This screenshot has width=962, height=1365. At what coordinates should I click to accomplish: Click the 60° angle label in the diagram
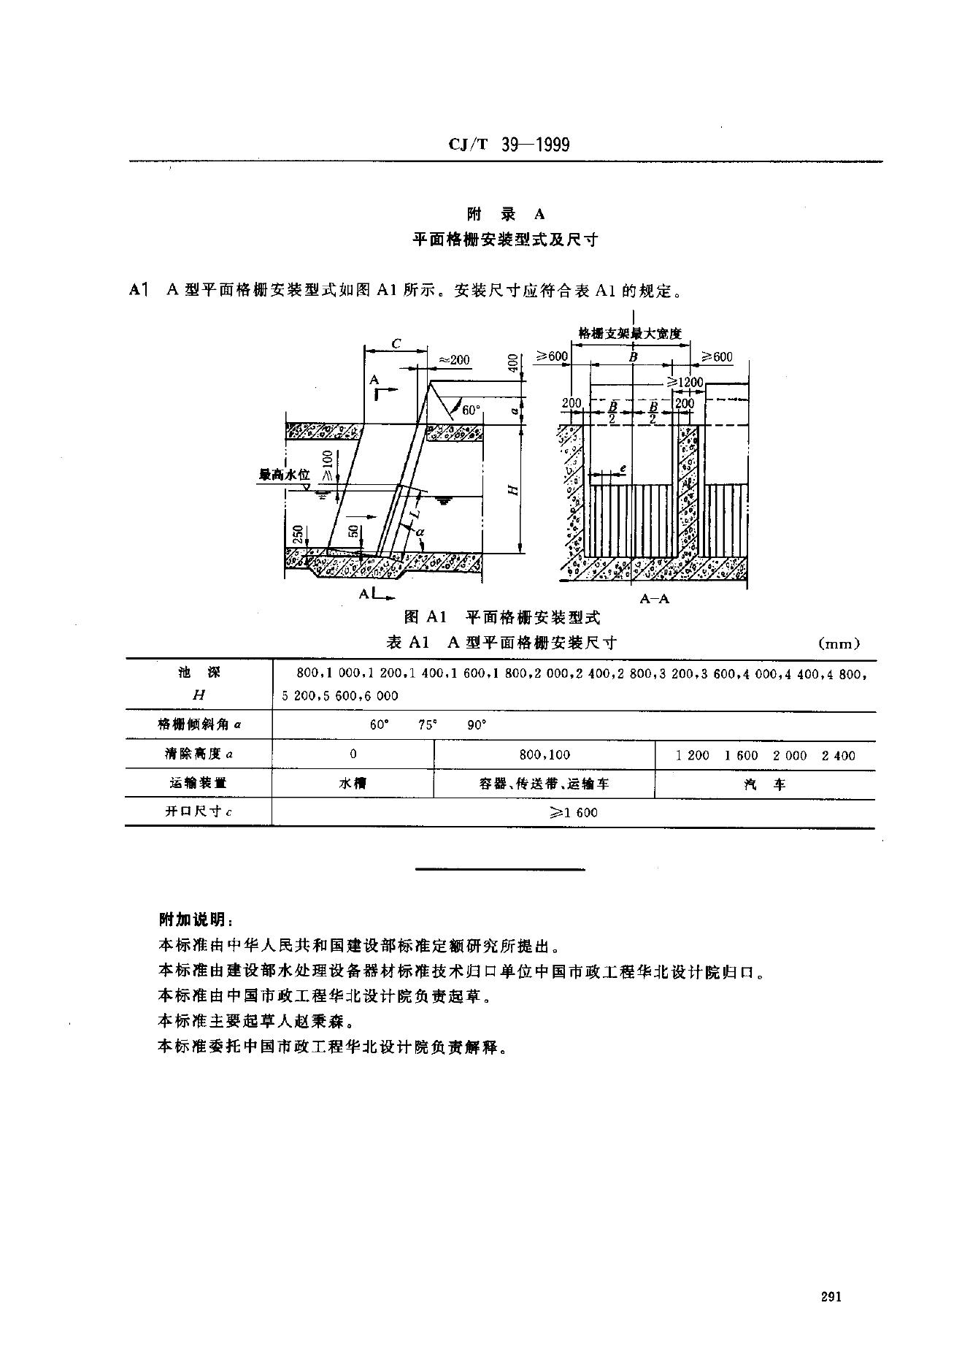click(x=471, y=410)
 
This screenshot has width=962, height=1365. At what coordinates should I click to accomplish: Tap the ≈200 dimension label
click(x=454, y=359)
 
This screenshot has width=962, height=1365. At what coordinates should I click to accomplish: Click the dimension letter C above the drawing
click(x=396, y=343)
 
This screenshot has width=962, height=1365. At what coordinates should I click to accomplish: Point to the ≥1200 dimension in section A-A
click(x=684, y=382)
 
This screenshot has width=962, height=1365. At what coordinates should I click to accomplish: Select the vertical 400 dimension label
click(x=512, y=364)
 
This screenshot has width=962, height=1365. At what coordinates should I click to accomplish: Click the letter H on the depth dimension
click(x=514, y=491)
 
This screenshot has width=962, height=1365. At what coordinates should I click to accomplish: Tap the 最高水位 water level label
click(x=285, y=475)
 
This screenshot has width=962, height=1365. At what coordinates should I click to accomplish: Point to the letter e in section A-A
click(x=622, y=465)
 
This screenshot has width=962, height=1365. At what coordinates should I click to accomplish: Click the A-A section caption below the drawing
click(x=654, y=599)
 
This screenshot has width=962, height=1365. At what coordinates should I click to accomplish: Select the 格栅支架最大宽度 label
click(x=629, y=333)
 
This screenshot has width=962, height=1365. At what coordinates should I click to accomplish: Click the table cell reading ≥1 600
click(x=574, y=812)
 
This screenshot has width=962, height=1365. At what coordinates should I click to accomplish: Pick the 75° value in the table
click(x=428, y=725)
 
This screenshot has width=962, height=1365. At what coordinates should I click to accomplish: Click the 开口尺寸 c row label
click(x=199, y=812)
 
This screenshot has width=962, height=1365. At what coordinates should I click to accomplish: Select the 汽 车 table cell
click(x=764, y=784)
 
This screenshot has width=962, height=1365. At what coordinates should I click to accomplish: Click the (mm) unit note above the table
click(x=840, y=643)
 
